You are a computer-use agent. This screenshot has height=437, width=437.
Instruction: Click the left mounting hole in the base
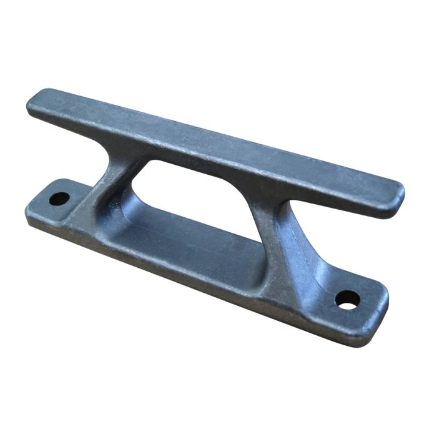point(59,199)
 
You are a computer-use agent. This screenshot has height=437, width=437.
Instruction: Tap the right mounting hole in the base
point(347,298)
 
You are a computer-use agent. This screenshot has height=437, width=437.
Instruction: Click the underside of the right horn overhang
point(350,209)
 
